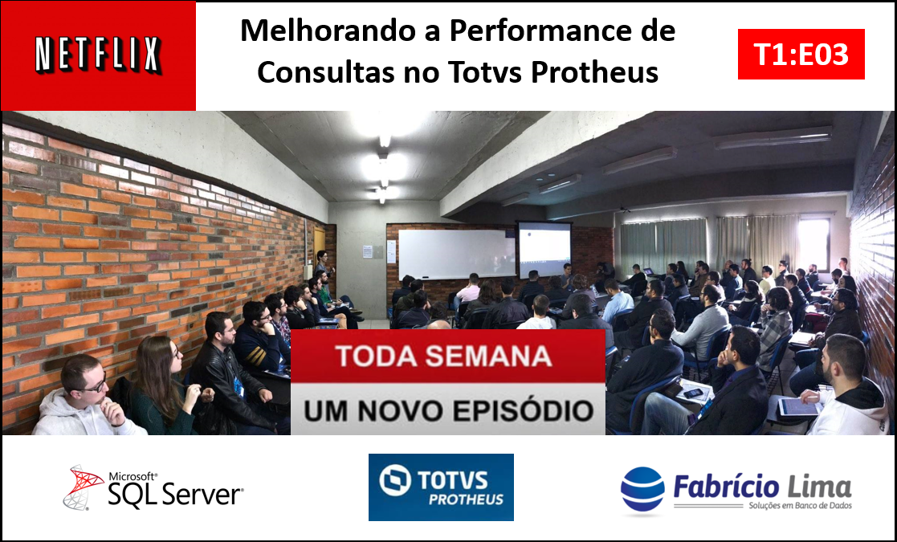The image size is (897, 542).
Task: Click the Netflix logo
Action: coord(99,55)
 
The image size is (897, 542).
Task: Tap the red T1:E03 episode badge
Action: coord(801,55)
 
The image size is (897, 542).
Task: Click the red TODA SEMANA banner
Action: coord(448,356)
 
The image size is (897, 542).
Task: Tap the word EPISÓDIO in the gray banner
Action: coord(514,410)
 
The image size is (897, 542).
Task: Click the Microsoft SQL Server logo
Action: coord(153,487)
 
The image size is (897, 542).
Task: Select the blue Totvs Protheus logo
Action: coord(441,487)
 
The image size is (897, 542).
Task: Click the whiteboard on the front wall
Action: coord(456,254)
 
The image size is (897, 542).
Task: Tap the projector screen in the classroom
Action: coord(544,250)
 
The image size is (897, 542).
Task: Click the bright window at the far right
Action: coord(814,243)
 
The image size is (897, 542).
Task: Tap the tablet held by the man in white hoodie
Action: coord(798,406)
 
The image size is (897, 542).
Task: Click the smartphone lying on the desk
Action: coord(693,393)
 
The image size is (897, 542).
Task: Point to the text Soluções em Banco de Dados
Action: coord(801,505)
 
